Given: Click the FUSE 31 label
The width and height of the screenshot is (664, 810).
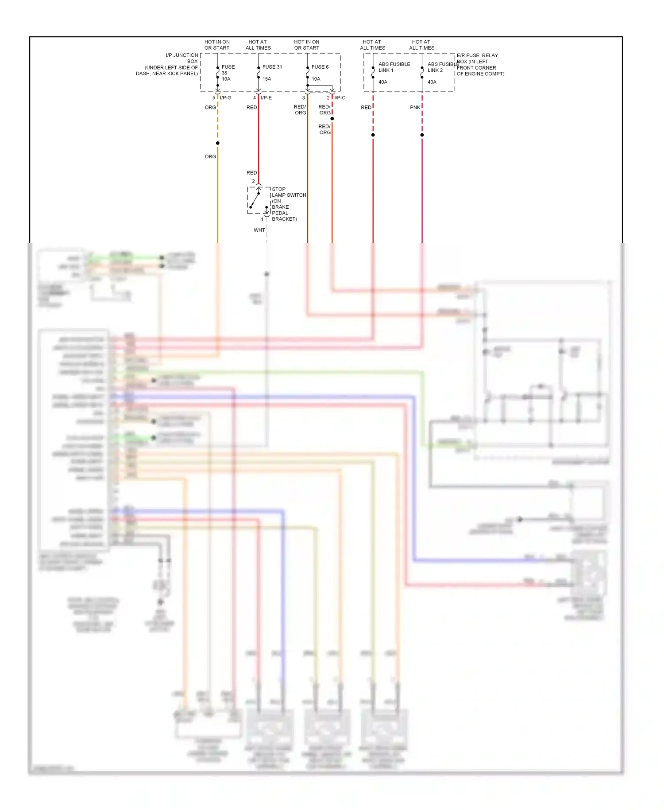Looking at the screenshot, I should pyautogui.click(x=272, y=67).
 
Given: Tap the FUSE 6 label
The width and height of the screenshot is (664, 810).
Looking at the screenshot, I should pyautogui.click(x=320, y=67).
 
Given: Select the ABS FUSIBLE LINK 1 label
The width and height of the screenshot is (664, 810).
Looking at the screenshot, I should pyautogui.click(x=394, y=67).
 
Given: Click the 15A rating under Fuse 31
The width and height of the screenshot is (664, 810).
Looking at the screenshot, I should pyautogui.click(x=266, y=79).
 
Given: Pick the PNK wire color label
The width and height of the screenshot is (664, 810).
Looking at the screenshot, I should pyautogui.click(x=415, y=107).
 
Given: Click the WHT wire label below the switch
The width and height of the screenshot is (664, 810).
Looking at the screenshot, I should pyautogui.click(x=259, y=230).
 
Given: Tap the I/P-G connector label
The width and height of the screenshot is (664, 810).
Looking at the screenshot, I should pyautogui.click(x=225, y=97).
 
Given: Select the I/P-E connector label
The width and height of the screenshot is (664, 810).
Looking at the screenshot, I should pyautogui.click(x=266, y=97).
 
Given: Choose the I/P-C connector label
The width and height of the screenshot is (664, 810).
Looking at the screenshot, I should pyautogui.click(x=340, y=97).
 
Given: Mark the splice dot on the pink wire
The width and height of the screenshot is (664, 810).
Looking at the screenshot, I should pyautogui.click(x=422, y=135).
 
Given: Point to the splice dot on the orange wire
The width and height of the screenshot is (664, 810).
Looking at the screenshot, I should pyautogui.click(x=217, y=143).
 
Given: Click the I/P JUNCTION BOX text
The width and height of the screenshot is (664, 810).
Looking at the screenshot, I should pyautogui.click(x=182, y=58).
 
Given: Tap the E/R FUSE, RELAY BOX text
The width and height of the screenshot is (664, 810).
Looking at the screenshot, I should pyautogui.click(x=477, y=58).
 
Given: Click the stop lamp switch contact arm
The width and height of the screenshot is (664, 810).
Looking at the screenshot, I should pyautogui.click(x=255, y=200).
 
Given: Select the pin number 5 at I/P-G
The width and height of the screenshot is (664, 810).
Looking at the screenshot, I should pyautogui.click(x=213, y=97).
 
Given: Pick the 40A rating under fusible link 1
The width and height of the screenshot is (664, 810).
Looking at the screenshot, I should pyautogui.click(x=383, y=82).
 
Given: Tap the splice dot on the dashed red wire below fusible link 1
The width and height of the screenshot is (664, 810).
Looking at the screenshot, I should pyautogui.click(x=373, y=135).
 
